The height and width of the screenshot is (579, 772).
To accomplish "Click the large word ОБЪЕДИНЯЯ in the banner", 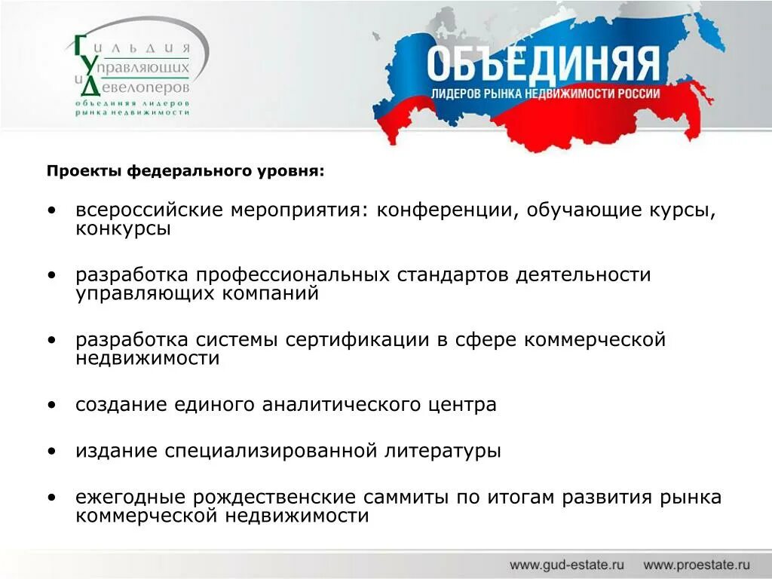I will click(543, 65).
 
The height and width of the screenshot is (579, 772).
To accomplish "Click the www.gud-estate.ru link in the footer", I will click(567, 564).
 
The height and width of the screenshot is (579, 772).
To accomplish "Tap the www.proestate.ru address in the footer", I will click(697, 564).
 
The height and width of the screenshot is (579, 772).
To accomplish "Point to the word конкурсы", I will click(123, 229).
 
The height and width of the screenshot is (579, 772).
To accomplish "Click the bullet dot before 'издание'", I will click(51, 452).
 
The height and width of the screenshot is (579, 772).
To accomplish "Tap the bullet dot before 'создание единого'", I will click(51, 406).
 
